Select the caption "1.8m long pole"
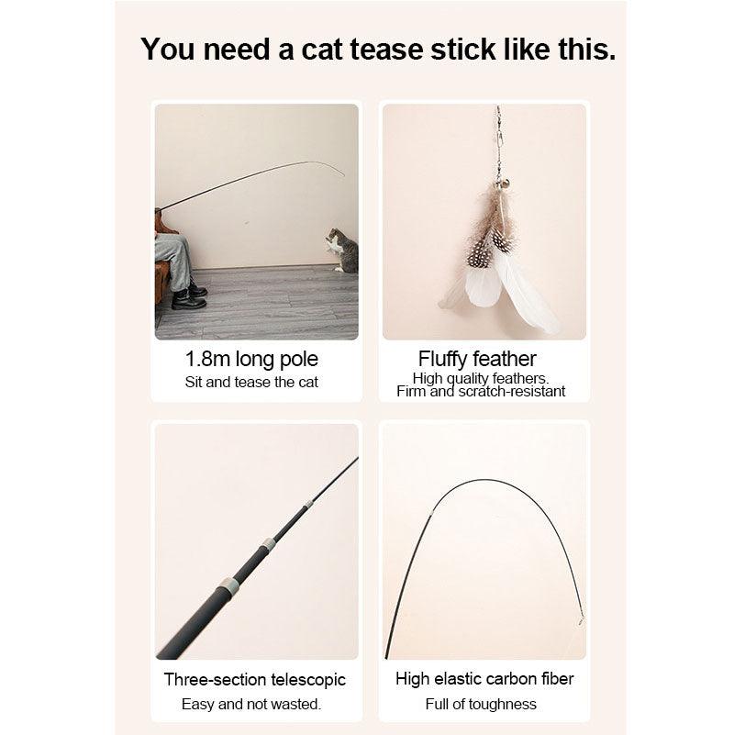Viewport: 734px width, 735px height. click(252, 359)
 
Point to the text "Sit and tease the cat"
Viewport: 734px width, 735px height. click(252, 382)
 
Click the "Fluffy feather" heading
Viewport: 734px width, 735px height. click(477, 359)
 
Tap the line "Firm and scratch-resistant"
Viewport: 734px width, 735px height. click(481, 392)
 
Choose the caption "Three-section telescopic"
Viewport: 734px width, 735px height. click(255, 680)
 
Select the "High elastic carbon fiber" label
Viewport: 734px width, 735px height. click(484, 680)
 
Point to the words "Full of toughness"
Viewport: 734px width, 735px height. click(482, 704)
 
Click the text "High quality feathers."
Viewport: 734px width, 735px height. click(481, 378)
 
